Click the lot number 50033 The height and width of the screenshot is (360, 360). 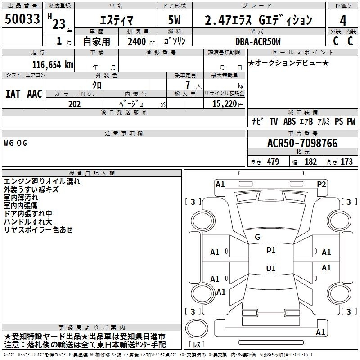coord(22,18)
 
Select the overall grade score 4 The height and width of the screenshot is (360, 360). coord(343,21)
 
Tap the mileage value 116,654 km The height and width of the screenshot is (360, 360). coord(53,65)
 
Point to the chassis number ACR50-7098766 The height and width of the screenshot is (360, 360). coord(302,143)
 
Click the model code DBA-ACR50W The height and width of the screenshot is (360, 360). coord(258,41)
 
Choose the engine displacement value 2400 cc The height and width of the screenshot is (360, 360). coord(141,41)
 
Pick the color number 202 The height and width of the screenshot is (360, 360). coord(74,104)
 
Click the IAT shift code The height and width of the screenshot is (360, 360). coord(13,94)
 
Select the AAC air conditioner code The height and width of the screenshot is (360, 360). coord(35,94)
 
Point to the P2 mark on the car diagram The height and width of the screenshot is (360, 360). coord(321,184)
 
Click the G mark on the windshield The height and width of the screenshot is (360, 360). coord(257,237)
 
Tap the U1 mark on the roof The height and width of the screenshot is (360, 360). coord(271,268)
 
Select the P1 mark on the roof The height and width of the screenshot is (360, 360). coord(271,250)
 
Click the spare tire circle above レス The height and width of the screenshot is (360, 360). coord(197,328)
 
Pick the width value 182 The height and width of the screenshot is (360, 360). coord(310,162)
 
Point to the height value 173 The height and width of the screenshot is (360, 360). coord(346,162)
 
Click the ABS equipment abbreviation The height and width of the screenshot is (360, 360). coord(289,121)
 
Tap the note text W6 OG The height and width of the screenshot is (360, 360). coord(16,143)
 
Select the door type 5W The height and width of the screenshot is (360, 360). coord(174,20)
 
